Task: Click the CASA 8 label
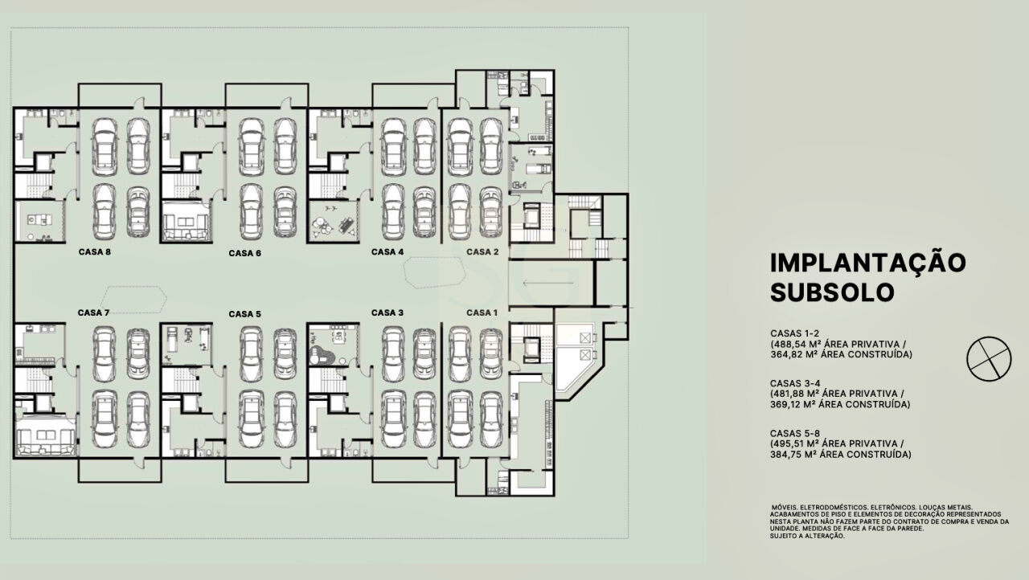pyautogui.click(x=95, y=252)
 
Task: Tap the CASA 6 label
pyautogui.click(x=245, y=253)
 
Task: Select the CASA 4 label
pyautogui.click(x=387, y=252)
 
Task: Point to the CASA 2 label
pyautogui.click(x=482, y=252)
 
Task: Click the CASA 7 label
pyautogui.click(x=94, y=313)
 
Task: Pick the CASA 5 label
pyautogui.click(x=245, y=314)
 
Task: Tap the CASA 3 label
pyautogui.click(x=387, y=313)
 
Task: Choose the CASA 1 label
pyautogui.click(x=482, y=313)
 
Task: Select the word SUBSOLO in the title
pyautogui.click(x=832, y=292)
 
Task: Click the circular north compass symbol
pyautogui.click(x=989, y=359)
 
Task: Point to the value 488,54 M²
pyautogui.click(x=798, y=344)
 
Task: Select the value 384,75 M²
pyautogui.click(x=797, y=455)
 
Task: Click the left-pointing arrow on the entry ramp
pyautogui.click(x=548, y=283)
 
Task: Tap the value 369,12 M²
pyautogui.click(x=796, y=405)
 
